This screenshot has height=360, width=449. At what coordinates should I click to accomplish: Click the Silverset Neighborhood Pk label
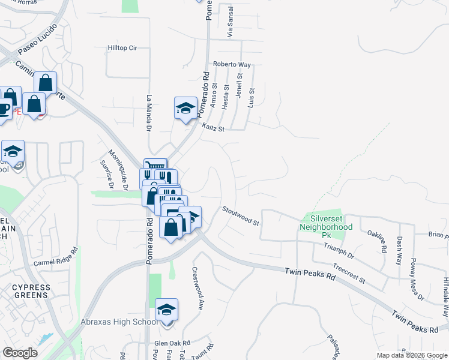tap(327, 223)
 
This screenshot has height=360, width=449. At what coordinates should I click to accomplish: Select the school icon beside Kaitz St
tap(185, 109)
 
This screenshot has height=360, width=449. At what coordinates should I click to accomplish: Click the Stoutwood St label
tap(240, 215)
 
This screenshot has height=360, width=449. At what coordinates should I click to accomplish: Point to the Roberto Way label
tap(231, 65)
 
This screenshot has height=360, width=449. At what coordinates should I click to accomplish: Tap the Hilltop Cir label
tap(122, 47)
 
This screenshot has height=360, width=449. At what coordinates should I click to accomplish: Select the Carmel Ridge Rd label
tap(56, 258)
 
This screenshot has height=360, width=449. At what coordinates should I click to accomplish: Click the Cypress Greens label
tap(31, 291)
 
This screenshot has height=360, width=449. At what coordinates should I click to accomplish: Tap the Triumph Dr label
tap(343, 254)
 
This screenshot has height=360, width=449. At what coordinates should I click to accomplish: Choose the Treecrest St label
tap(349, 274)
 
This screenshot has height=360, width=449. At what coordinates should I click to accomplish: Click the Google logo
tap(20, 353)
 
